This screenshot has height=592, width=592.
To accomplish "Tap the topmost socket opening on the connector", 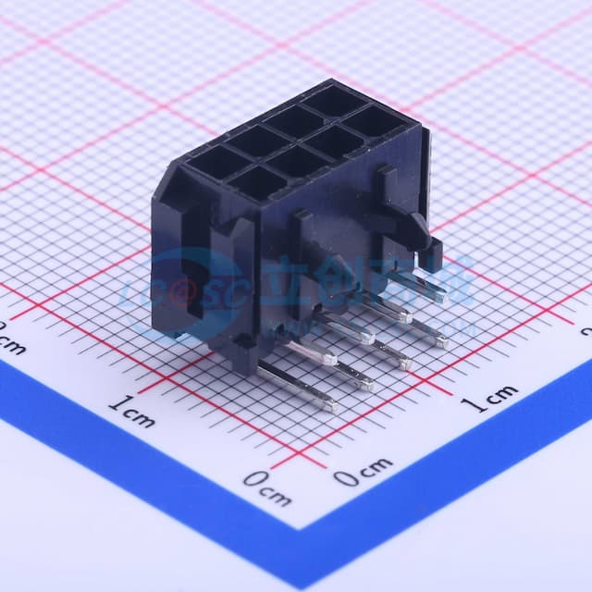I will coord(334,100).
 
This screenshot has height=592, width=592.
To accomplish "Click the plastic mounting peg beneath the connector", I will coord(242,357).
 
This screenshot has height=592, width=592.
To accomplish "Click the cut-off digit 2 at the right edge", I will coord(586,330).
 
